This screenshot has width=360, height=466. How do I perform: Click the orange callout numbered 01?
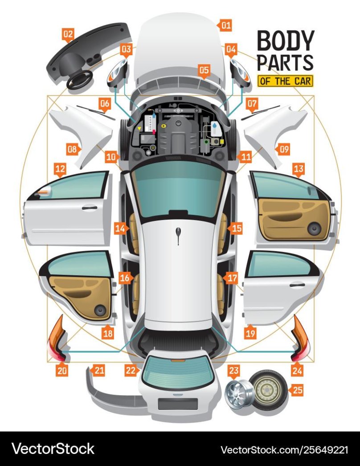pos(226,25)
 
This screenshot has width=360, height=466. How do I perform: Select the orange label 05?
pos(204,70)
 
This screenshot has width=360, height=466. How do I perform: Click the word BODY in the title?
pos(285,41)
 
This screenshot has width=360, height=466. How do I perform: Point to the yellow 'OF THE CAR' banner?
pos(285,81)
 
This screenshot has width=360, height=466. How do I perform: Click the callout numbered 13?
pos(299,169)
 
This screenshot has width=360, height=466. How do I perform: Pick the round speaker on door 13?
pos(315,229)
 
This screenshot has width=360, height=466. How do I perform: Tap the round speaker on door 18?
pos(99,310)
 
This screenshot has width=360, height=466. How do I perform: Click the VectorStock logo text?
pos(53,448)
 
